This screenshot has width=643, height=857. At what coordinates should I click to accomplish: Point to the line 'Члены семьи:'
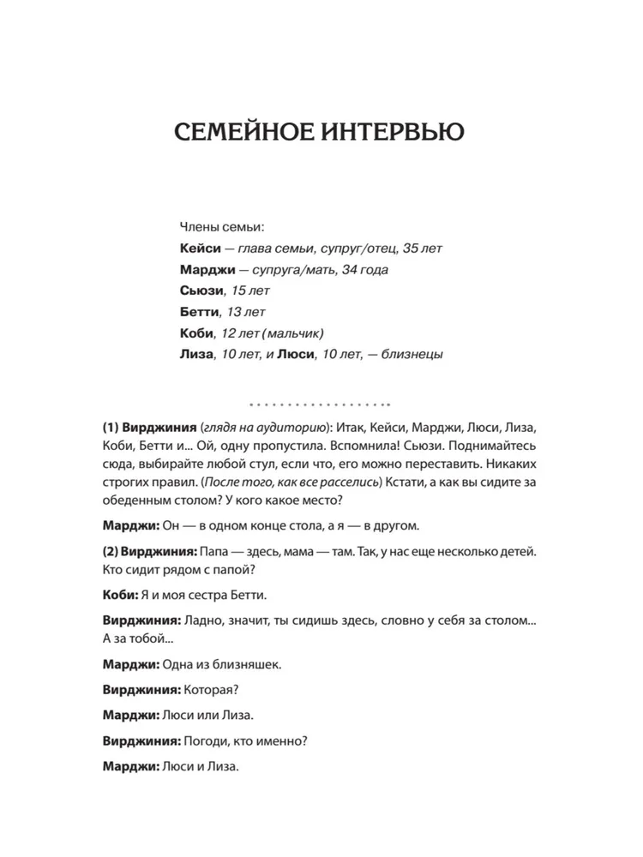[222, 227]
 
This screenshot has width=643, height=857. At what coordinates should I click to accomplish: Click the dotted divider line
[319, 404]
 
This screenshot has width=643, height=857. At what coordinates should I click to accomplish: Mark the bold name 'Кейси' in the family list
[200, 249]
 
